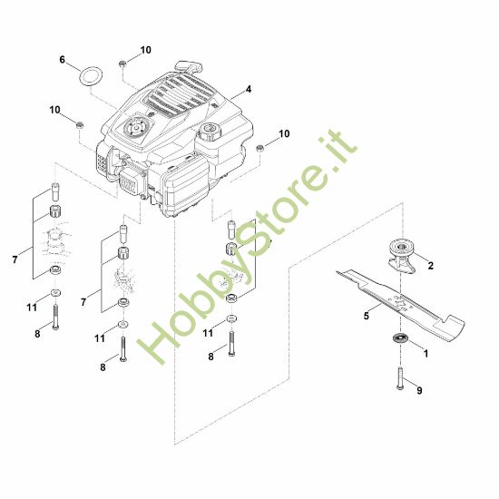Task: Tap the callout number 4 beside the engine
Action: click(247, 91)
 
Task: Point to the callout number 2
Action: click(430, 266)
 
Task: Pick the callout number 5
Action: click(367, 317)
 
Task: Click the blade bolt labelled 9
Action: click(398, 378)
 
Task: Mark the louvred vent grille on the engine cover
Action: click(181, 101)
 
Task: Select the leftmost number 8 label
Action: click(37, 335)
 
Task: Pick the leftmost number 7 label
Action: click(15, 260)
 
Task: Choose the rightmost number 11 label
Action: click(208, 333)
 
